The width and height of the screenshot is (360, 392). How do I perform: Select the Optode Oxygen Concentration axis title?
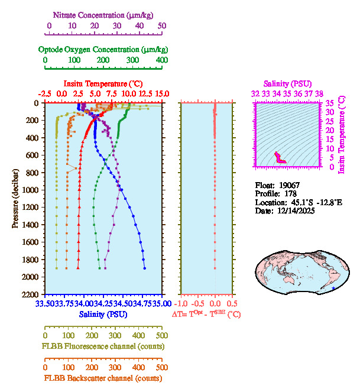coord(103,48)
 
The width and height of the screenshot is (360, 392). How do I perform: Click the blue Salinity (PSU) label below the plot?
coord(103,315)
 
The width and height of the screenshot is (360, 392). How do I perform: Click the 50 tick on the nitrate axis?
coord(162,26)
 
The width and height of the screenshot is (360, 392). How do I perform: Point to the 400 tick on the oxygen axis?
coord(162,60)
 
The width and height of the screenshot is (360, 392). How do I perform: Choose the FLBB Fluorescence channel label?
coord(103,346)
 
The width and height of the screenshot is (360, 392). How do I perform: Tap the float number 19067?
coord(288,185)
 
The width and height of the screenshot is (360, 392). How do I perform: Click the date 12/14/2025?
coord(294,210)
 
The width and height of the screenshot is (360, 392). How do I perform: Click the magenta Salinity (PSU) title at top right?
coord(287,83)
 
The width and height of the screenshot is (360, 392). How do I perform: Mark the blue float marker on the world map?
coord(333,288)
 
